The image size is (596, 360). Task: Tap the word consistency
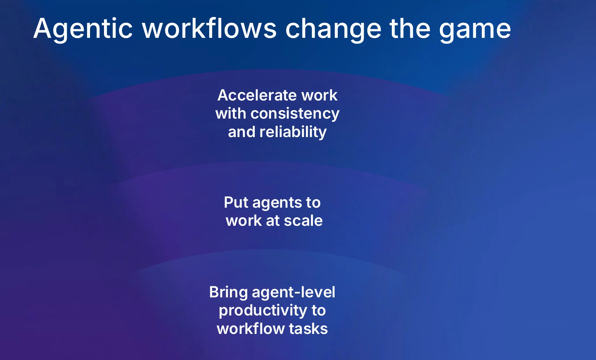[295, 114]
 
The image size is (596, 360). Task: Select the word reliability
[293, 132]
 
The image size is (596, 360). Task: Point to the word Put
[236, 202]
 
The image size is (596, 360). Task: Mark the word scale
[303, 221]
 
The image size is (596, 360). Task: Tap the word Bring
[228, 293]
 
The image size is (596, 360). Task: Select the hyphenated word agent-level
[294, 293]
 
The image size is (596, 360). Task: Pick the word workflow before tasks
[250, 329]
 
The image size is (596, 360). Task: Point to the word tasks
[308, 329]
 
